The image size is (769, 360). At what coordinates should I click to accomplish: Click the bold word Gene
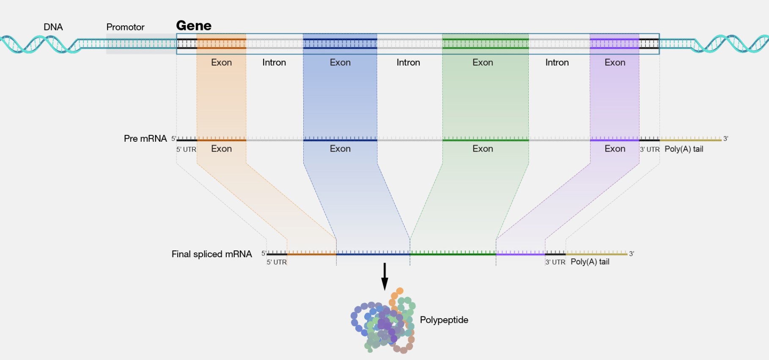194,26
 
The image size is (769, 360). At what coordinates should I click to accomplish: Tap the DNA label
53,27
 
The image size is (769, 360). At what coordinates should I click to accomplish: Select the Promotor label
125,27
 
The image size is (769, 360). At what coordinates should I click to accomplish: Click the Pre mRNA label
145,139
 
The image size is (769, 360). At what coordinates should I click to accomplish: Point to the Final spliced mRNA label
211,254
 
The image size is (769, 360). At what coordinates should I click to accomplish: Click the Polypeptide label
444,320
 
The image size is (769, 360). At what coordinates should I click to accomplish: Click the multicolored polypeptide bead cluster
383,324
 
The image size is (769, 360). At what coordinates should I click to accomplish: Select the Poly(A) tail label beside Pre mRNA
684,149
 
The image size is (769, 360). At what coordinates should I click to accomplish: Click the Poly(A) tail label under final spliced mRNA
590,262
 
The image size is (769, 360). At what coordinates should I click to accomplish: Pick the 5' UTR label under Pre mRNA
186,149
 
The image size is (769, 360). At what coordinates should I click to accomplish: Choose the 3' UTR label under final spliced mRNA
555,262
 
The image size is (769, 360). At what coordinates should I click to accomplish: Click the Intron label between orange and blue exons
274,63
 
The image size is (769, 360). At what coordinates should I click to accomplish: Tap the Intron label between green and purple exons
557,63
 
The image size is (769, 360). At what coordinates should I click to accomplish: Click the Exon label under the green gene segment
483,63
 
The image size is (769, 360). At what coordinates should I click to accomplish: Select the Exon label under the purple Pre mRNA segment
615,149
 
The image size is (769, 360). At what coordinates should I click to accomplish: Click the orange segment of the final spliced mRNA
312,253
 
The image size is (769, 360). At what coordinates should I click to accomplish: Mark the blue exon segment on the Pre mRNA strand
340,139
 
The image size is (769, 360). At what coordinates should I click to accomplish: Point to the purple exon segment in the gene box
614,44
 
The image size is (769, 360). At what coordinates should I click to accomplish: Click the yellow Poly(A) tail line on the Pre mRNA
690,140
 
